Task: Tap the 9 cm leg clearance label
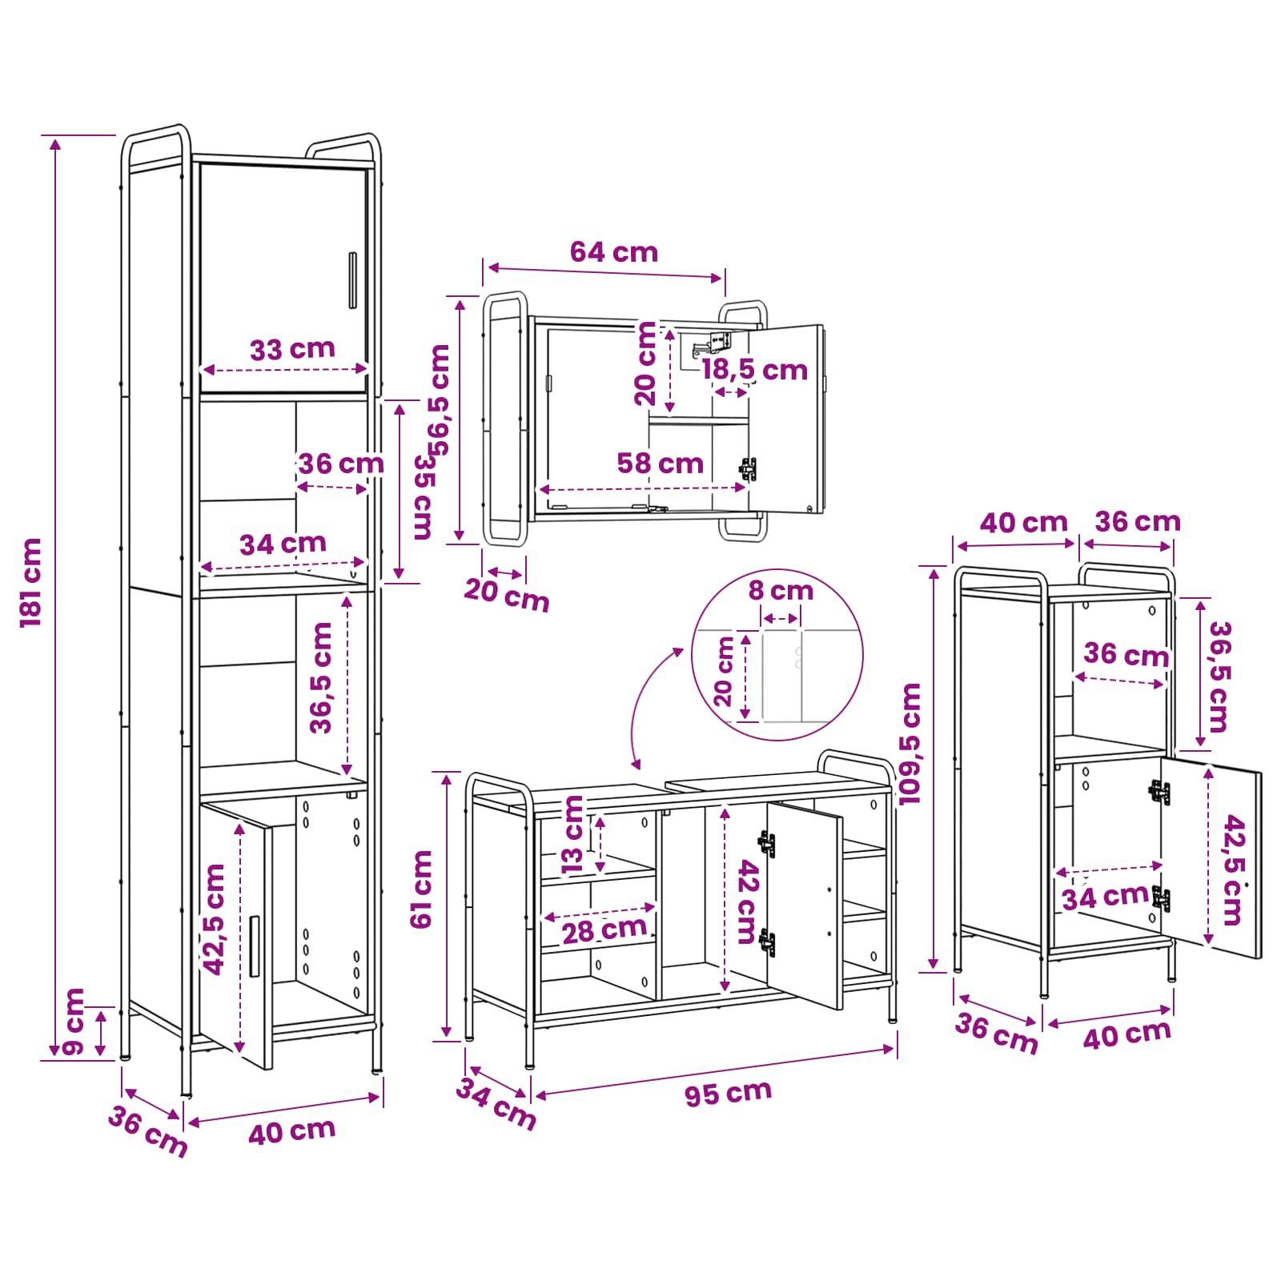72,1022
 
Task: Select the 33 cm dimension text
292,349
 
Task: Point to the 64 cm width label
614,252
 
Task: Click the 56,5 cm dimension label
439,400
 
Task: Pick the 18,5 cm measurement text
754,370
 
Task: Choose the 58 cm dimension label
660,463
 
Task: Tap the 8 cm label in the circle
781,591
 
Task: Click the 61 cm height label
421,889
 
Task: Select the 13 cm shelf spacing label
573,834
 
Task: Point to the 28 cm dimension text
604,930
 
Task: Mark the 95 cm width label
728,1093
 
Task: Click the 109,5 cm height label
910,744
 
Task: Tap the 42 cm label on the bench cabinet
746,902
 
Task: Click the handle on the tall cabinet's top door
352,279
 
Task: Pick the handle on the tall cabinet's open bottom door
255,946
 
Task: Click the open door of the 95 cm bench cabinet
805,906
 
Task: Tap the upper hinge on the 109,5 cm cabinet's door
1159,792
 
